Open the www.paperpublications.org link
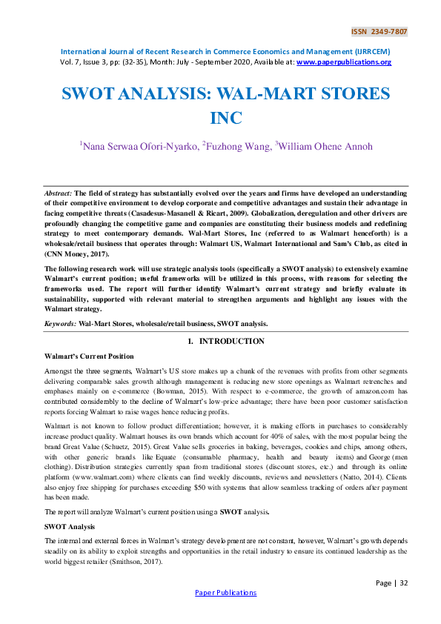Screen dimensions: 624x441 click(x=343, y=62)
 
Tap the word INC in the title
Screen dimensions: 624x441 click(x=226, y=119)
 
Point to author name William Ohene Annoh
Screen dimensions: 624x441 click(x=320, y=147)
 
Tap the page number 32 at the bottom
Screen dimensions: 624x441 click(x=402, y=583)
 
